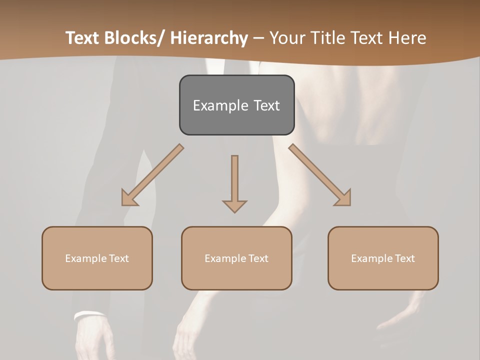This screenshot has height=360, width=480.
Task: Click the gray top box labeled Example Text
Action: (x=236, y=105)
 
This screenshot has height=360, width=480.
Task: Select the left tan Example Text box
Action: (x=97, y=258)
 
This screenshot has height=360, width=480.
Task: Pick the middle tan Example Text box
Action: (x=236, y=258)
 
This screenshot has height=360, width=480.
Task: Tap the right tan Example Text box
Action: (x=383, y=258)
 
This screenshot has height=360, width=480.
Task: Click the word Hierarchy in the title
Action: (x=208, y=38)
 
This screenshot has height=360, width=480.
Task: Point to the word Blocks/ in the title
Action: (x=132, y=38)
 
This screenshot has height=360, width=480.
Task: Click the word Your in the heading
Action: (x=285, y=38)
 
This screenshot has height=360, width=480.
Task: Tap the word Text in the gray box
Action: (x=265, y=105)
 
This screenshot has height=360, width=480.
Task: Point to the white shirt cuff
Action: (x=88, y=315)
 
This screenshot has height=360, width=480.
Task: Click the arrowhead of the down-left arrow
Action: (x=129, y=198)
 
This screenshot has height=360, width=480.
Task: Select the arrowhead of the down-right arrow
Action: (x=343, y=198)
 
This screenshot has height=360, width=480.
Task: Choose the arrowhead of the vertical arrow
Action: (x=234, y=205)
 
